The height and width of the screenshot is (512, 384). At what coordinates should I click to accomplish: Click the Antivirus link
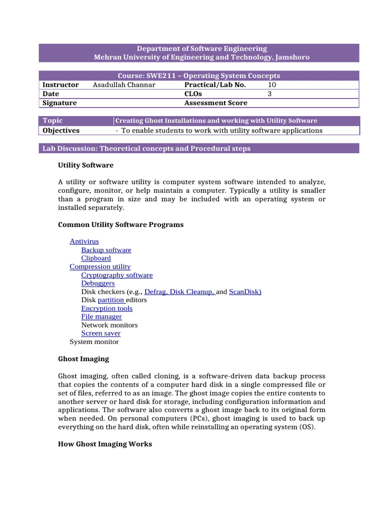[x=84, y=241]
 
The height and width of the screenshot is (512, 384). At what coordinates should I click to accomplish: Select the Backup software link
[x=106, y=250]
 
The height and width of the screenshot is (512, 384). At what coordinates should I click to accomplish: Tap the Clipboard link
[x=96, y=258]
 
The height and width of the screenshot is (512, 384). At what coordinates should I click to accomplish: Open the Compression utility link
[x=100, y=266]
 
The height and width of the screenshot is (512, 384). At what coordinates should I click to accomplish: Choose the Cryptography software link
[x=117, y=275]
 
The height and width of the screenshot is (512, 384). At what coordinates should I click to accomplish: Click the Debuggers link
[x=98, y=283]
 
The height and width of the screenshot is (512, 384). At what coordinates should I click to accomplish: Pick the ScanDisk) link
[x=245, y=291]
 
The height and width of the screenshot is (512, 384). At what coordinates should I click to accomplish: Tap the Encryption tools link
[x=107, y=308]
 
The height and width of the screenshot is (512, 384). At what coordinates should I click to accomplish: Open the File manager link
[x=101, y=316]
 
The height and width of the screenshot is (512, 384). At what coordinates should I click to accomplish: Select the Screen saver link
[x=101, y=333]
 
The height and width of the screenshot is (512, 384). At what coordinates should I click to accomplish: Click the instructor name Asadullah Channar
[x=124, y=85]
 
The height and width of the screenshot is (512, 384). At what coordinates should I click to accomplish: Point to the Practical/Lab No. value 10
[x=272, y=85]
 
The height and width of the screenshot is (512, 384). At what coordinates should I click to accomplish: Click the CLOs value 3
[x=270, y=93]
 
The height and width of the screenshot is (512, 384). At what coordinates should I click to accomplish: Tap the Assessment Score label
[x=215, y=103]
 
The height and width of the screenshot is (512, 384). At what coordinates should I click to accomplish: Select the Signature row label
[x=60, y=103]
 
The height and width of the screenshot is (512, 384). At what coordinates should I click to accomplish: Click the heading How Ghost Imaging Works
[x=105, y=444]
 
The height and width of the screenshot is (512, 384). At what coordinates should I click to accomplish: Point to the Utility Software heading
[x=85, y=165]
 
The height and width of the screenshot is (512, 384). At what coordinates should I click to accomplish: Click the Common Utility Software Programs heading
[x=120, y=224]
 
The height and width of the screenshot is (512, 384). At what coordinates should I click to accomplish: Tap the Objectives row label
[x=61, y=130]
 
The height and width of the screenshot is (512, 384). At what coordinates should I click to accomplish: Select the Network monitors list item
[x=109, y=325]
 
